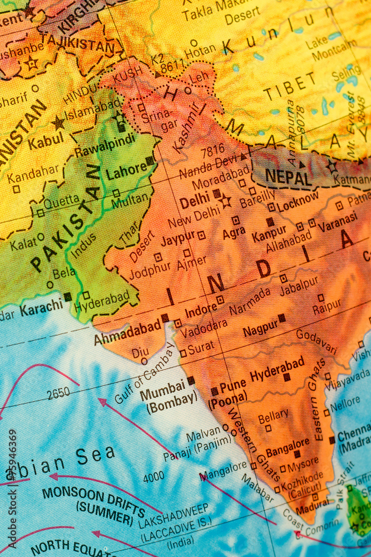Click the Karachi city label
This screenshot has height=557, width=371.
click(x=41, y=307)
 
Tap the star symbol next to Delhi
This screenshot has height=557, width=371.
click(x=225, y=201)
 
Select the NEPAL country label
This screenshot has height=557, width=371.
click(x=288, y=178)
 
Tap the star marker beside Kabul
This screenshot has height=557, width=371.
click(x=58, y=123)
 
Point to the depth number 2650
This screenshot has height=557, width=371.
click(x=58, y=393)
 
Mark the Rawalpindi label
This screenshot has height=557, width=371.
click(x=105, y=146)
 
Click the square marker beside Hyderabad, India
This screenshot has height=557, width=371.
click(x=287, y=377)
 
